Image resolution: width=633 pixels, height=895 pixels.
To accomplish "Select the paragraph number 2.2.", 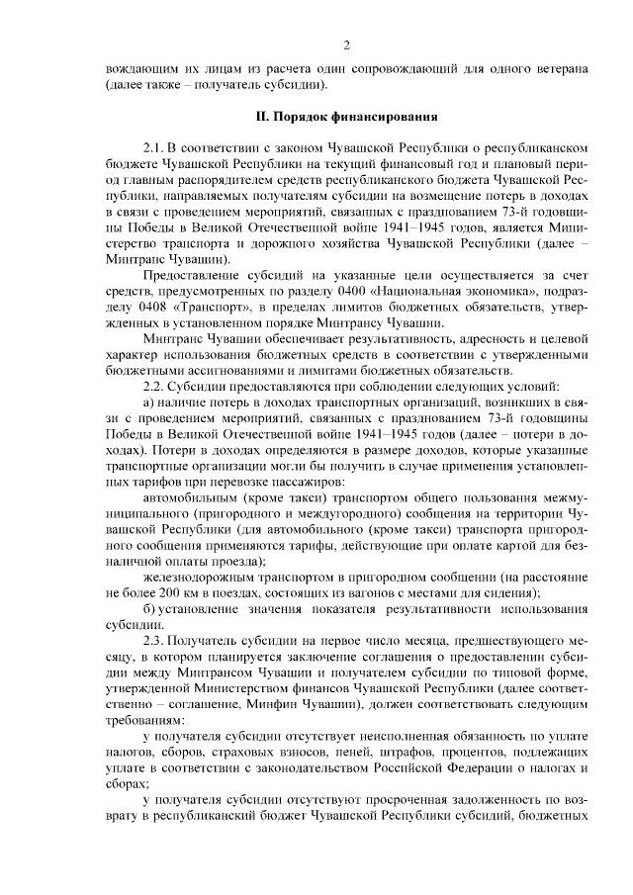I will point(155,385).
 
